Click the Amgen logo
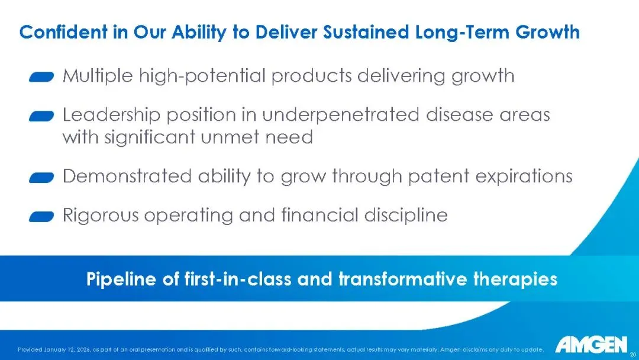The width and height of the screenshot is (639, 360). point(591,345)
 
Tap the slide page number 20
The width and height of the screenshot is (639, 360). point(633,354)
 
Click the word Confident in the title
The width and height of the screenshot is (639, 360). point(63,32)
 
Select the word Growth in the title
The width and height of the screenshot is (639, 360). point(547,32)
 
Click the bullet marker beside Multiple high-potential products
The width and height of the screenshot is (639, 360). point(41,76)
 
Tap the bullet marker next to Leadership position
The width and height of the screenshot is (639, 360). point(41,116)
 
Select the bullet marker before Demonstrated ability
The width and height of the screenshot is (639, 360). point(41,178)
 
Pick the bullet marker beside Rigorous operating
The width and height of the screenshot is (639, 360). point(41,216)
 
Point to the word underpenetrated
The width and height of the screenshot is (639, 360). point(341,115)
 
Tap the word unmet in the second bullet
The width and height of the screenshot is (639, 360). point(230,137)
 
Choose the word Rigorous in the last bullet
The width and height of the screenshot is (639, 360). point(101,216)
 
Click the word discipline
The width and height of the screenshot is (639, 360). point(406,215)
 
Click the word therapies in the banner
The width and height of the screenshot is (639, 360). point(515,279)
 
